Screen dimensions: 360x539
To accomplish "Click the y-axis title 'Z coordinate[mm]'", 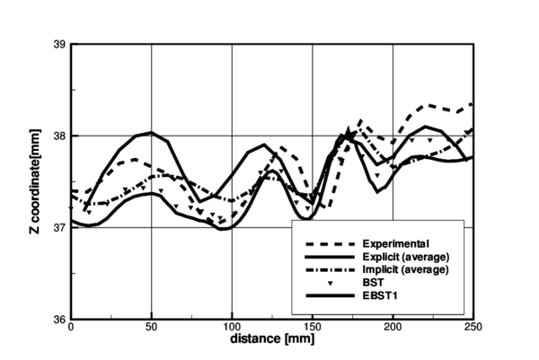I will click(39, 180).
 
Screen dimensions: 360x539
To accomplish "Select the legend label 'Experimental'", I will click(394, 243).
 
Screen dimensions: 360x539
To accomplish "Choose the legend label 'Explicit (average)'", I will click(405, 256).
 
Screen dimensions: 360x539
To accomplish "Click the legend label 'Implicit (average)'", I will click(405, 269).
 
